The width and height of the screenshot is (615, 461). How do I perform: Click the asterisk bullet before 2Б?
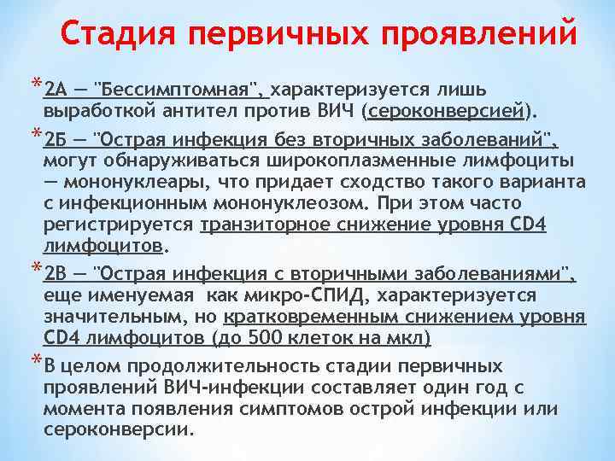(x=35, y=135)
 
